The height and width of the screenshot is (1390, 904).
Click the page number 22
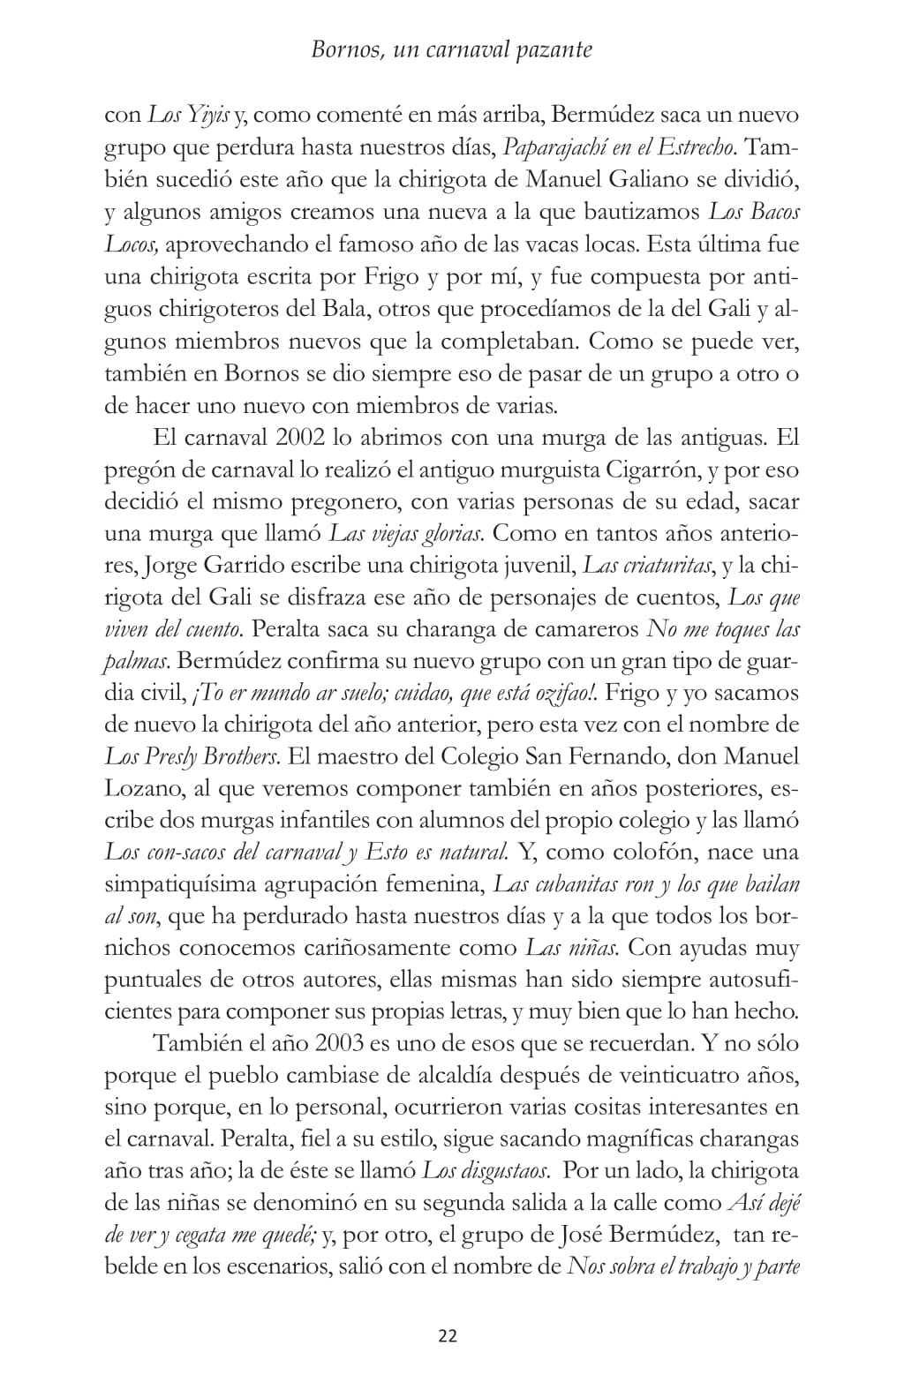pos(448,1335)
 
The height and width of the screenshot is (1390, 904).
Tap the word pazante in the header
pos(556,49)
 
